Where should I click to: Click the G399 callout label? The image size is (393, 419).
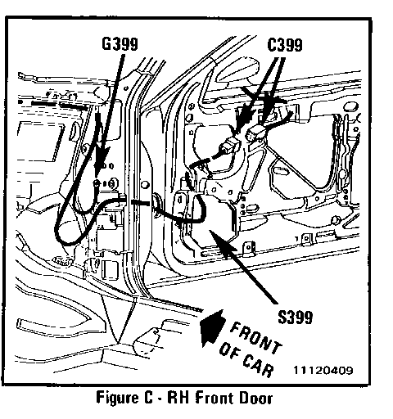click(120, 44)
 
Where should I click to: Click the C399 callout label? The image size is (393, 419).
click(285, 45)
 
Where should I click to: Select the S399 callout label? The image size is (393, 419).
click(295, 317)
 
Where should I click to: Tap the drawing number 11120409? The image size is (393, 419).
click(323, 370)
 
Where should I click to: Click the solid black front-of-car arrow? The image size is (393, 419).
click(212, 327)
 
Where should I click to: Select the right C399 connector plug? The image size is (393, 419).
click(255, 133)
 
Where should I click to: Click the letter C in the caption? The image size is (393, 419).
click(147, 398)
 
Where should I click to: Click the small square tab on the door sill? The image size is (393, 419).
click(249, 248)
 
